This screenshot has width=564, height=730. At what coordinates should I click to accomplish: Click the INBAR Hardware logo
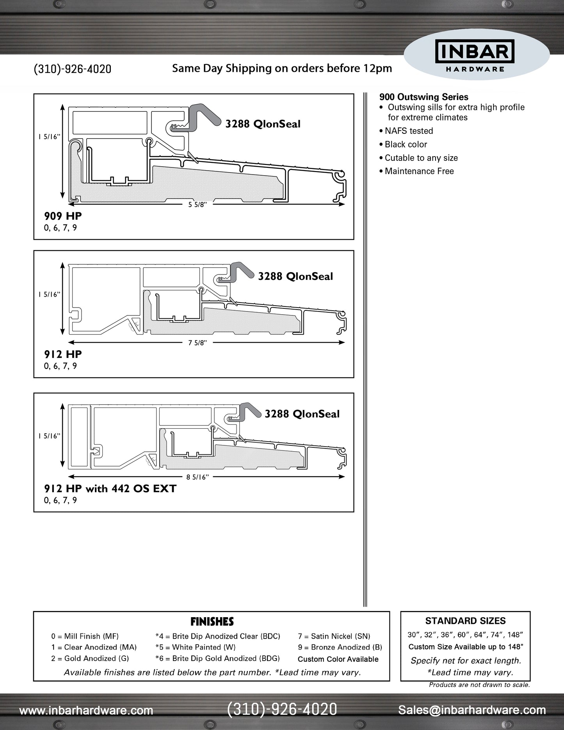tap(475, 57)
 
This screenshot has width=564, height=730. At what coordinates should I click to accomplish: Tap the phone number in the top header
tap(73, 69)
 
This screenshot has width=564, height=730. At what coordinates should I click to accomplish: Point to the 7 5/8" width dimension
tap(197, 343)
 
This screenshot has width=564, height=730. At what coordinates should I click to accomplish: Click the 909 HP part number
tap(63, 216)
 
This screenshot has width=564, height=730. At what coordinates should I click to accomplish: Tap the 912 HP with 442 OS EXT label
tap(110, 488)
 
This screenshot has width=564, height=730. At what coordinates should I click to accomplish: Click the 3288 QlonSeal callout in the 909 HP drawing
tap(263, 124)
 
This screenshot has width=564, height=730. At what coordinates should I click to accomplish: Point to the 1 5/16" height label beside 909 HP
tap(49, 137)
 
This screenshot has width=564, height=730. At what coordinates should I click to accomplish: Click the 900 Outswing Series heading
tap(423, 97)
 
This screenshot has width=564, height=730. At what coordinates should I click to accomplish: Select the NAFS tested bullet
tap(409, 131)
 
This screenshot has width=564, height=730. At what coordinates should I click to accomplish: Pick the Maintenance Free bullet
tap(419, 171)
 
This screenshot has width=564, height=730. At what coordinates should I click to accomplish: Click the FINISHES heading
tap(212, 621)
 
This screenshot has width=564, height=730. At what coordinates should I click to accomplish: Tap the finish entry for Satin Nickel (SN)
tap(334, 636)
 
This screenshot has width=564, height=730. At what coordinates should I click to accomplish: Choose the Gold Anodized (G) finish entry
tap(90, 658)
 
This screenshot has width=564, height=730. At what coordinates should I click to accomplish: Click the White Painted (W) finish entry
tap(196, 647)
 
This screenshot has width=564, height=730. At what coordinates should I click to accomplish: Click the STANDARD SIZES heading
tap(465, 621)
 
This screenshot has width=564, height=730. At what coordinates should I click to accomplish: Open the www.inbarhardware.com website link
tap(86, 710)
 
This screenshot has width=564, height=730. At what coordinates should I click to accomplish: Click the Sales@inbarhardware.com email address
tap(472, 710)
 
